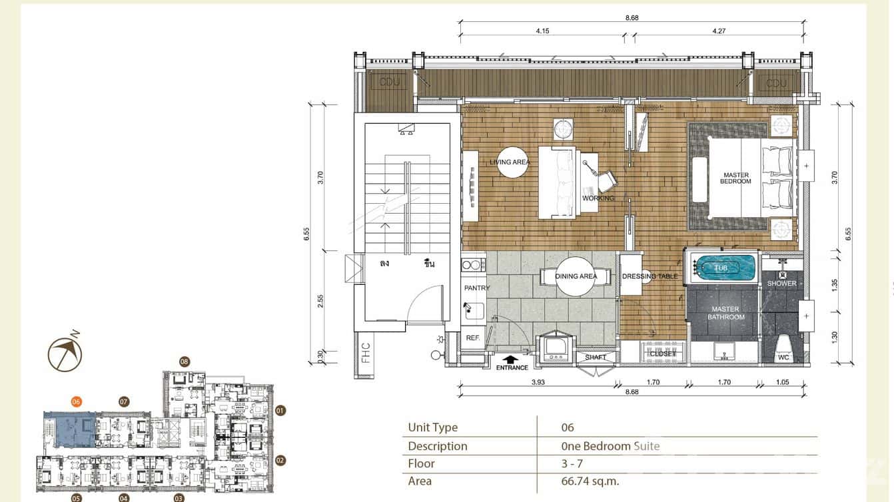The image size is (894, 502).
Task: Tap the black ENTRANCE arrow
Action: pos(512,360)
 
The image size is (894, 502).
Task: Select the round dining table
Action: pos(576,276)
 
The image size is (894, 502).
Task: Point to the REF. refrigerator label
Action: pos(473,338)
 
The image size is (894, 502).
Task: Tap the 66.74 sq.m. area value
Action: pos(595,481)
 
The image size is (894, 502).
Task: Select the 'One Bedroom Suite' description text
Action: pos(611,446)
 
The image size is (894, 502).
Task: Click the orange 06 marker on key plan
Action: pos(77,401)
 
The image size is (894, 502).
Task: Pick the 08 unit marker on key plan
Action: pos(185,362)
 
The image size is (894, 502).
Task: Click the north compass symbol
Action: pos(65,354)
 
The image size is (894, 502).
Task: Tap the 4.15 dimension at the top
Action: pos(546,30)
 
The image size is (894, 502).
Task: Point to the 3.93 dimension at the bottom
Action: pos(537,382)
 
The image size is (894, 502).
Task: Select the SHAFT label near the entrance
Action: pos(595,358)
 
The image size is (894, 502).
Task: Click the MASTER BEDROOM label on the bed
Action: pos(735,178)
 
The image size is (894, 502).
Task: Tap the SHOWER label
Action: pos(781,284)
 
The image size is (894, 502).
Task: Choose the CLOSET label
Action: pos(663,354)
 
